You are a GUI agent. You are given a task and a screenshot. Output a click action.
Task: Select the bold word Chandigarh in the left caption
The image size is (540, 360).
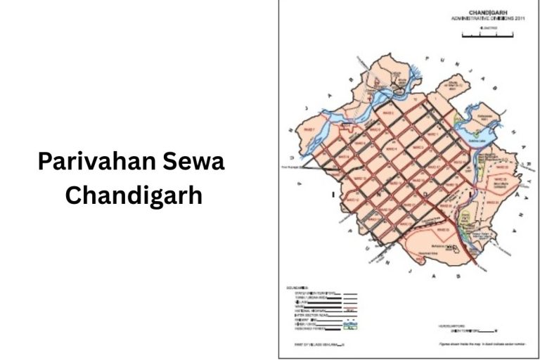[134, 195]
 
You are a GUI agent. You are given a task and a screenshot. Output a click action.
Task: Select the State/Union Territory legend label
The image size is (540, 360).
[314, 292]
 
